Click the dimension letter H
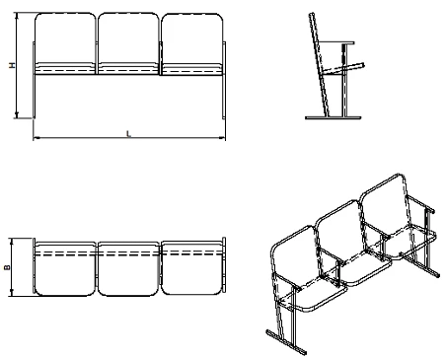12,65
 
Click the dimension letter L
129,134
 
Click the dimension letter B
7,267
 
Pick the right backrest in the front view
191,38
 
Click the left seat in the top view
65,269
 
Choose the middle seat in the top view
128,269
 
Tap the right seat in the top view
191,268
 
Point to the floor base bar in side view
334,117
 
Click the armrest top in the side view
336,42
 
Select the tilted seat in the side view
343,68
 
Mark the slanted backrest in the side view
319,65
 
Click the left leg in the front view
34,80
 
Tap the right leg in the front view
224,80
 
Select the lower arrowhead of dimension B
12,293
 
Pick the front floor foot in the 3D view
286,342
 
